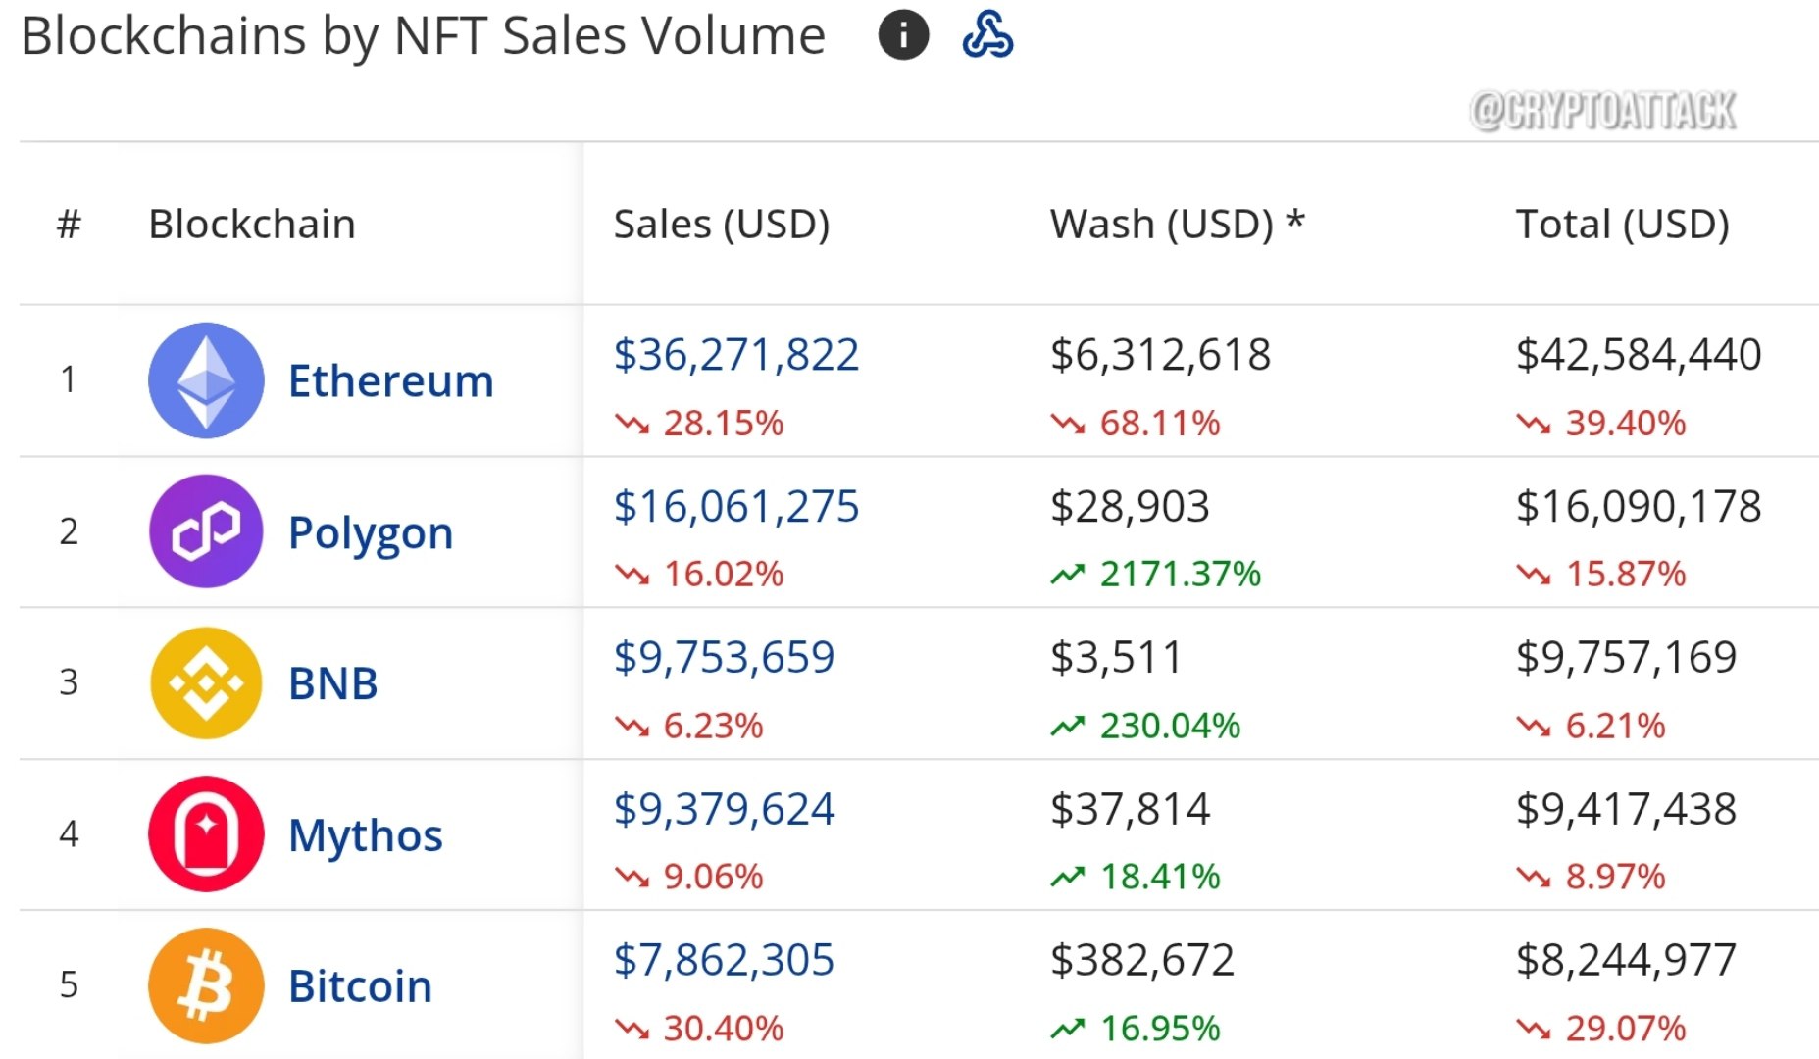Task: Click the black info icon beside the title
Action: tap(903, 35)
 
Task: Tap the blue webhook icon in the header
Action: tap(987, 34)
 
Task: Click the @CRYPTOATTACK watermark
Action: tap(1603, 111)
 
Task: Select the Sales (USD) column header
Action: tap(722, 225)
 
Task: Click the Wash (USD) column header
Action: tap(1177, 225)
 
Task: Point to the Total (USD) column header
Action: tap(1623, 225)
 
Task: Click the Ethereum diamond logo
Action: tap(206, 380)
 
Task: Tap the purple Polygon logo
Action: tap(206, 531)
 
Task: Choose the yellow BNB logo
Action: tap(206, 682)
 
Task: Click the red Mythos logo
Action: tap(206, 833)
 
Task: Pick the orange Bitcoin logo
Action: tap(206, 985)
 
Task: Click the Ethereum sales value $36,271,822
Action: tap(736, 355)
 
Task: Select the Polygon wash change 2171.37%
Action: tap(1181, 574)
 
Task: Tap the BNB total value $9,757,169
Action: tap(1626, 657)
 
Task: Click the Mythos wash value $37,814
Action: tap(1130, 809)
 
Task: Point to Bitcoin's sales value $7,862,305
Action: tap(724, 960)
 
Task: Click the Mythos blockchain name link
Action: tap(366, 836)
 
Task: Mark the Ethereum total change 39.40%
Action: tap(1626, 423)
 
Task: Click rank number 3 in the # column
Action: tap(69, 682)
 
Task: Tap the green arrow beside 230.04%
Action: tap(1068, 726)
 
